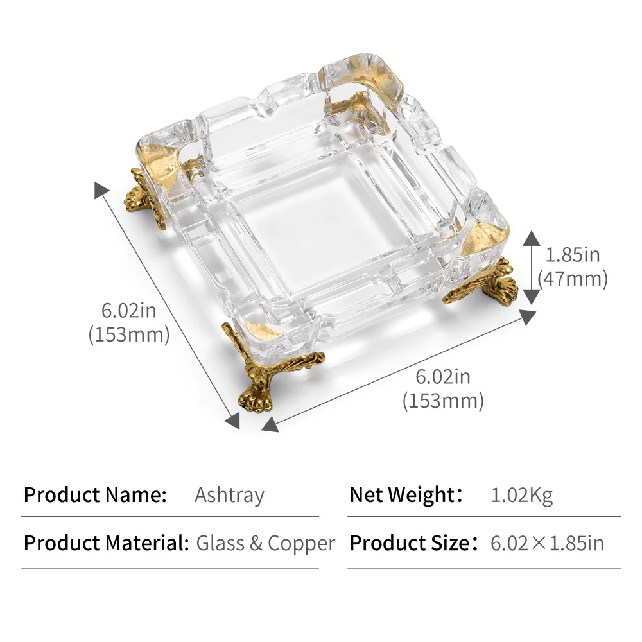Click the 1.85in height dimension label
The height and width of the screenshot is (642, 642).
pos(573,255)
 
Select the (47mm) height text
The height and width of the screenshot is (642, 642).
pos(573,279)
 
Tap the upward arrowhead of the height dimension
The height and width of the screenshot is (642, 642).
pos(531,238)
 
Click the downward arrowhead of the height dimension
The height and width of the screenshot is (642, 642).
pos(531,297)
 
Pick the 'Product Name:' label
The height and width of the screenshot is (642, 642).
pos(95,494)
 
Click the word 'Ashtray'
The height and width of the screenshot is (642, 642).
pos(229,496)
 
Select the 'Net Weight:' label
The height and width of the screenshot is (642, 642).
pos(406,494)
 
